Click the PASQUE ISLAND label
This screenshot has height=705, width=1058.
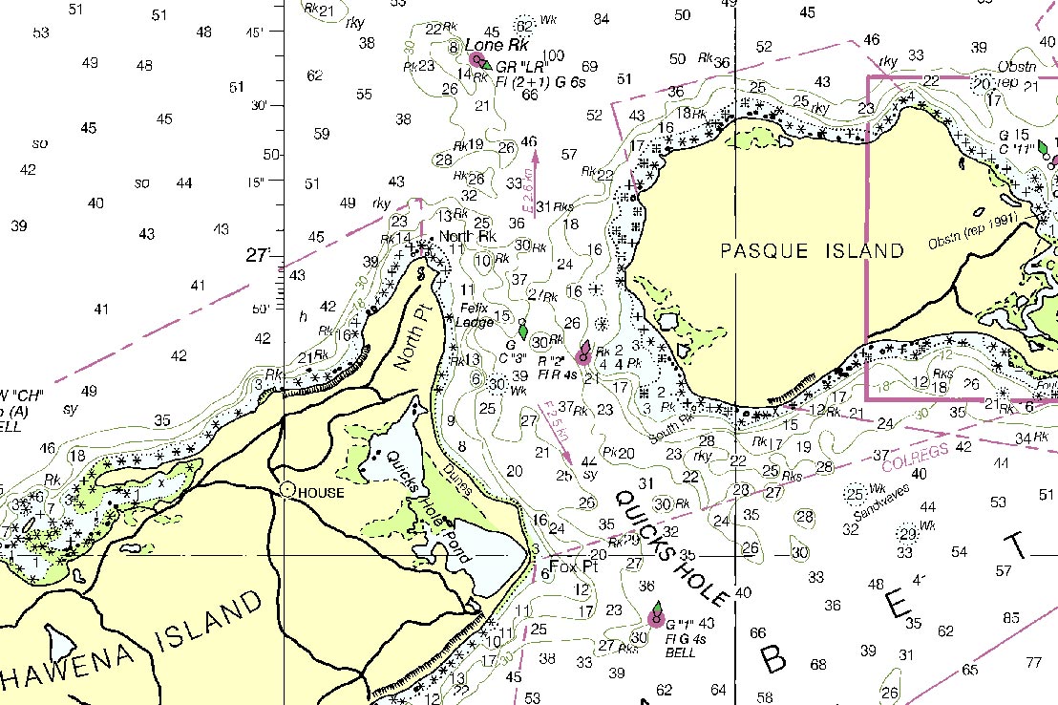(x=812, y=251)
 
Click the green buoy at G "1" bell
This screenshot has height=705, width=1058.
(x=657, y=611)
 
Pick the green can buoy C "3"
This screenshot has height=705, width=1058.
(x=522, y=327)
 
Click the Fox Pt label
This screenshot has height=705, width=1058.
(x=573, y=566)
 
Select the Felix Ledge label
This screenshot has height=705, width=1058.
(x=475, y=315)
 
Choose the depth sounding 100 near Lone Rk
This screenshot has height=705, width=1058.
(x=552, y=54)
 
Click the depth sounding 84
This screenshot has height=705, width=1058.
(x=601, y=18)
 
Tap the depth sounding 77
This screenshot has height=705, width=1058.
(x=1033, y=662)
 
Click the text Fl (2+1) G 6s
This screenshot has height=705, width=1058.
(x=540, y=81)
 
